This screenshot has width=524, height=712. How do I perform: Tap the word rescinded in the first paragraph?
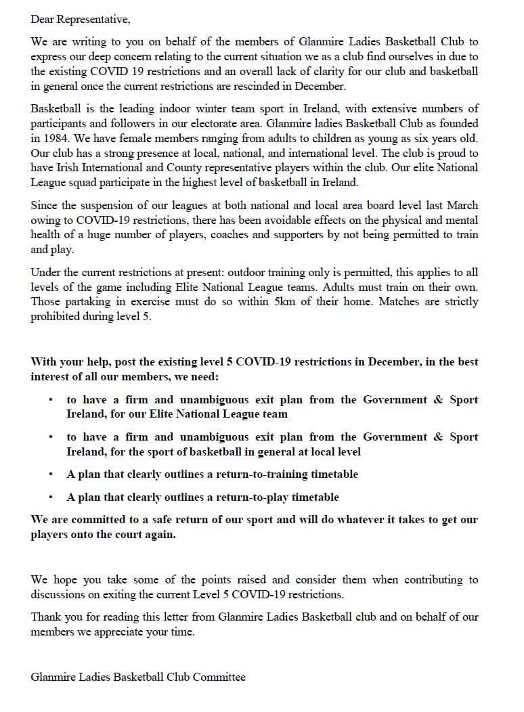(259, 86)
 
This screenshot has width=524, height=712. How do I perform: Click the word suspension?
(102, 206)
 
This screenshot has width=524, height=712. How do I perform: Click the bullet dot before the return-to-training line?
(51, 474)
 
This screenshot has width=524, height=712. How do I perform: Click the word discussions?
(59, 595)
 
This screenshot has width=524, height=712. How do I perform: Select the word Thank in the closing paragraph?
(46, 617)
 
